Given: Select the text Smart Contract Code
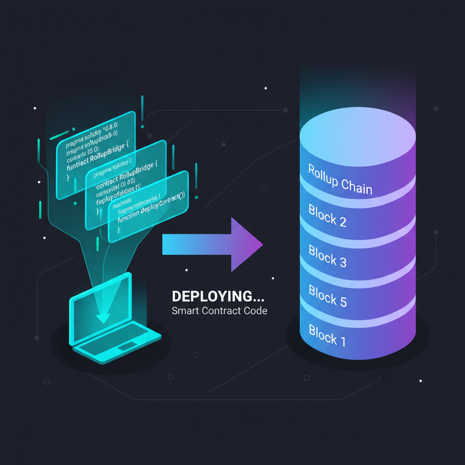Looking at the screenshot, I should tap(219, 312).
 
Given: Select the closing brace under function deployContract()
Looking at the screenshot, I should tap(119, 230).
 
